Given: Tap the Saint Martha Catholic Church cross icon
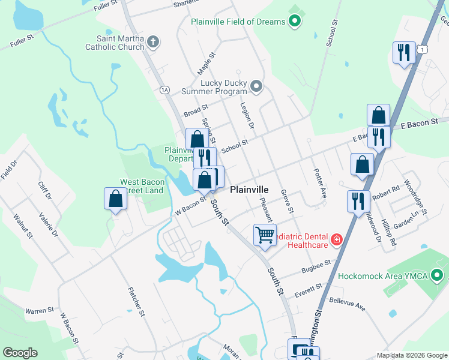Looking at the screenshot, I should (x=153, y=41).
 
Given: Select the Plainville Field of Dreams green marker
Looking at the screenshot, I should (x=294, y=22).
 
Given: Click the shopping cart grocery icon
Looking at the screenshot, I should (x=265, y=235).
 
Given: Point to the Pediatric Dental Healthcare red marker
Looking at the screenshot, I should (x=337, y=240).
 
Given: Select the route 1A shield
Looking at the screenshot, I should (x=164, y=90).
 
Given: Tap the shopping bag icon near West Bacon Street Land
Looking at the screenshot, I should (x=115, y=199).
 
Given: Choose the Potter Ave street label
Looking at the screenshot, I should (x=319, y=182).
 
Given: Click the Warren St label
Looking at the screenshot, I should (x=40, y=311).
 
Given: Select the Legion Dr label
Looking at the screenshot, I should (x=247, y=116).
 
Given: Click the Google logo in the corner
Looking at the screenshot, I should (x=20, y=353).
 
